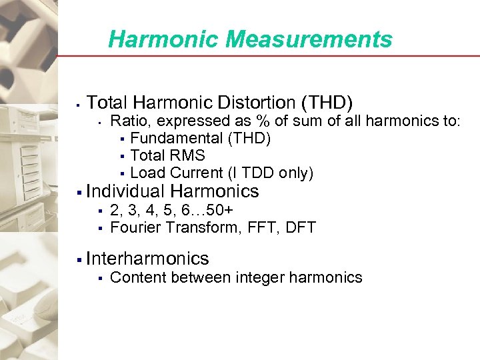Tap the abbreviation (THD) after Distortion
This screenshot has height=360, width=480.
pyautogui.click(x=327, y=103)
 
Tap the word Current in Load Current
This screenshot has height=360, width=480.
pyautogui.click(x=193, y=173)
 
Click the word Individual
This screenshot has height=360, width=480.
pyautogui.click(x=126, y=191)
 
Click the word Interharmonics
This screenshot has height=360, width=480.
pyautogui.click(x=148, y=259)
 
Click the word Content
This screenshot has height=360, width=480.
pyautogui.click(x=136, y=277)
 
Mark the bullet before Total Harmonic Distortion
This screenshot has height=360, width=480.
pyautogui.click(x=79, y=104)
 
